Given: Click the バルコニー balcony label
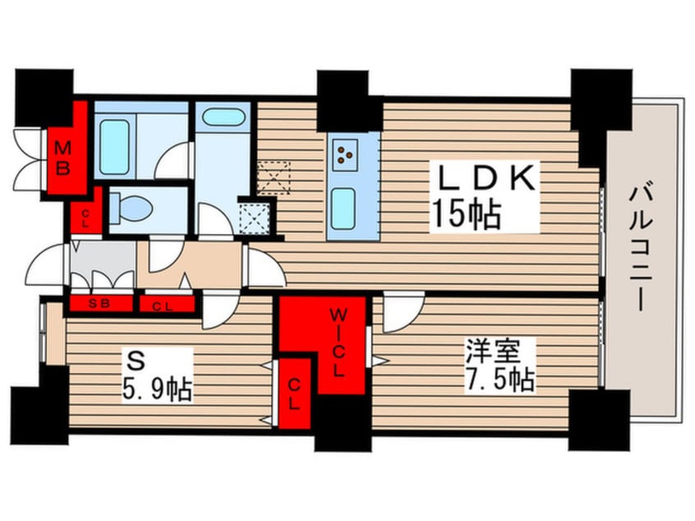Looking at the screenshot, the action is click(637, 248).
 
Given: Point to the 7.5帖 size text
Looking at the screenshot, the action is click(499, 379).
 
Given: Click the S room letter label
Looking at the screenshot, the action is click(136, 360).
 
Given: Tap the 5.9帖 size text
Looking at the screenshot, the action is click(157, 390).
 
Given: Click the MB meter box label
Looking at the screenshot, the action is click(62, 158).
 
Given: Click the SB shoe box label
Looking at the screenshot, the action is click(99, 304).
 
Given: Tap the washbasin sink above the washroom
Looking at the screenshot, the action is click(223, 118).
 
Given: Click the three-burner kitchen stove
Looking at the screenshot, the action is click(345, 152).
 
